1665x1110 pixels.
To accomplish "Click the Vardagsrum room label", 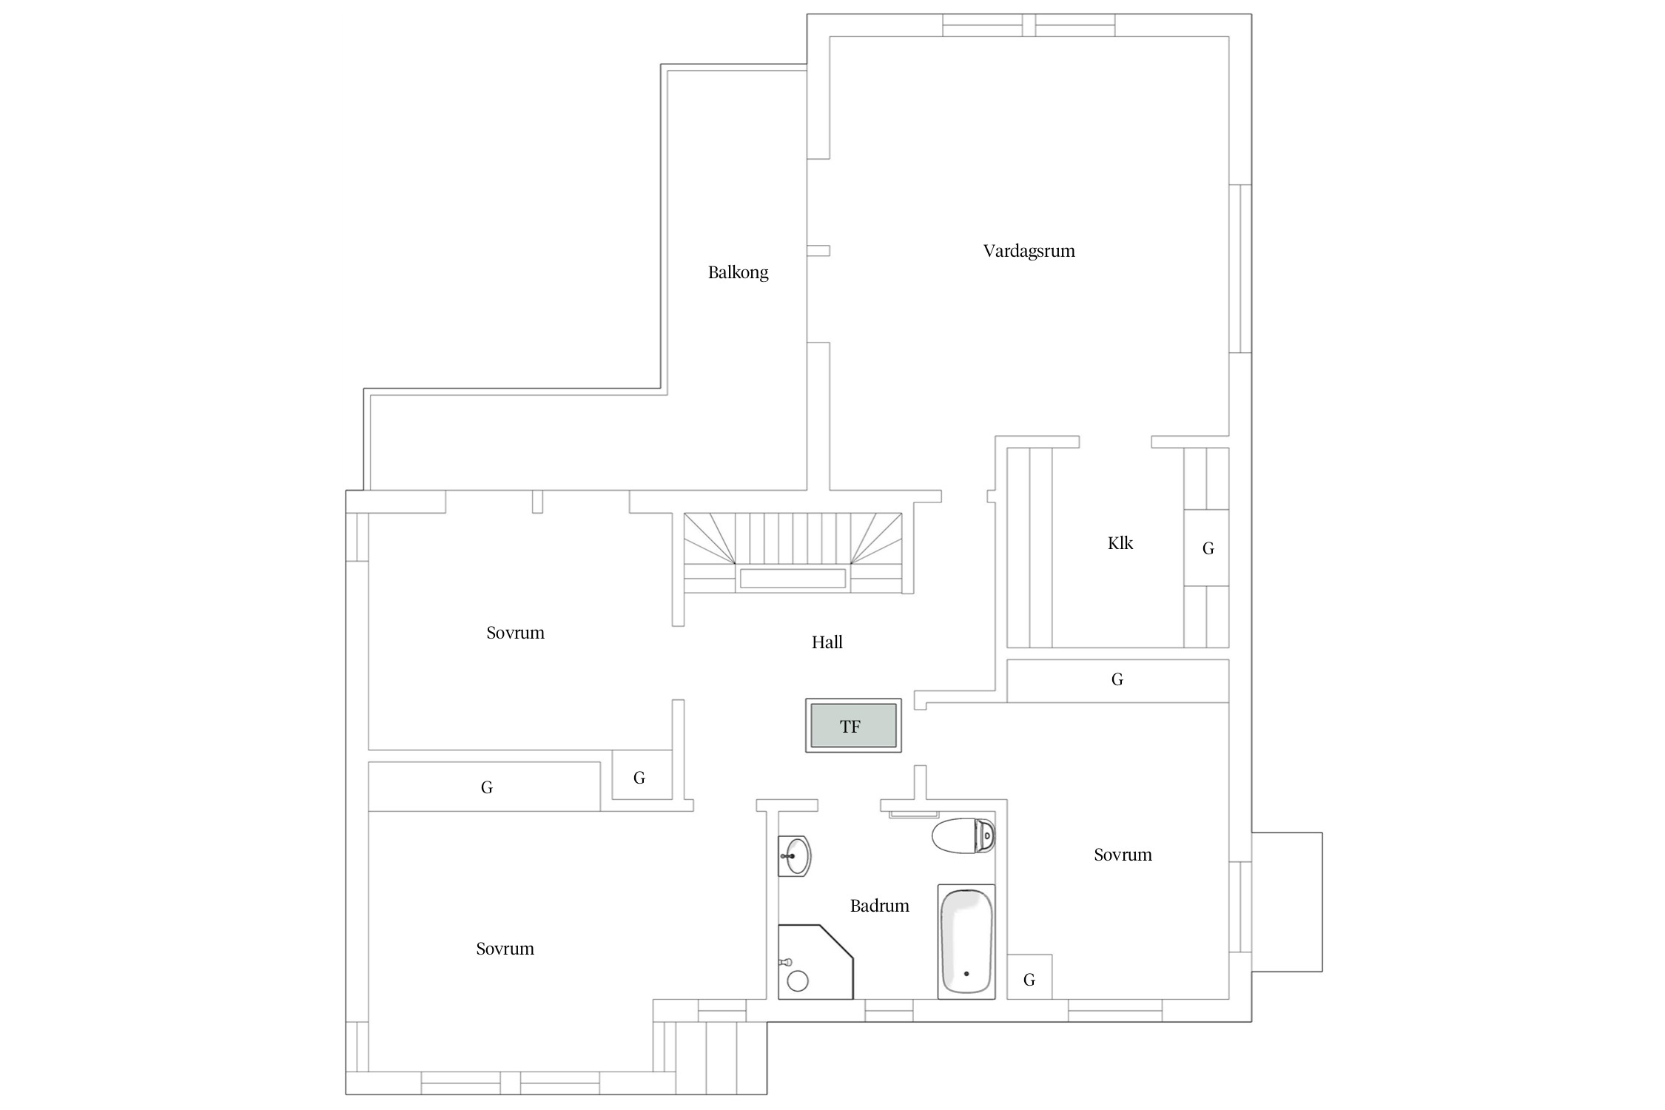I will click(1029, 251).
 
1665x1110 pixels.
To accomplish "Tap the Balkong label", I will click(738, 272).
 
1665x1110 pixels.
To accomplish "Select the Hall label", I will click(827, 642).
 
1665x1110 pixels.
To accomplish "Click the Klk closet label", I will click(1120, 543).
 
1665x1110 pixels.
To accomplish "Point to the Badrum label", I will click(879, 906).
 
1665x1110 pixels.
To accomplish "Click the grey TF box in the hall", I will click(852, 726).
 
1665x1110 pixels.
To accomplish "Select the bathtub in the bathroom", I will click(966, 941).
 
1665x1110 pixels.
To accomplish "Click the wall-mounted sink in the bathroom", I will click(795, 856).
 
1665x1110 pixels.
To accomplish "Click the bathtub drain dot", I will click(966, 974).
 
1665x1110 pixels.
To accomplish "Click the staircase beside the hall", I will click(793, 553).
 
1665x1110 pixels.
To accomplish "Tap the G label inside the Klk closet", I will click(1208, 548).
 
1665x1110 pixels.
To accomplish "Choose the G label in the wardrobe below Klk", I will click(1117, 679).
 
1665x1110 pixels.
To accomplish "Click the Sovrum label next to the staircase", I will click(515, 633).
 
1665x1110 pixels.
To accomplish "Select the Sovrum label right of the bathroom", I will click(1123, 855).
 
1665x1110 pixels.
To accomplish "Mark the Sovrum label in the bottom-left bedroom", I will click(505, 949).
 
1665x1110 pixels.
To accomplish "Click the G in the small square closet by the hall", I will click(639, 778).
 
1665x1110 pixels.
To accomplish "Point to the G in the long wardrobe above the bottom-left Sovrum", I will click(486, 787).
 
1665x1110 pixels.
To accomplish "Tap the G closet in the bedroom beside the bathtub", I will click(1029, 980).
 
